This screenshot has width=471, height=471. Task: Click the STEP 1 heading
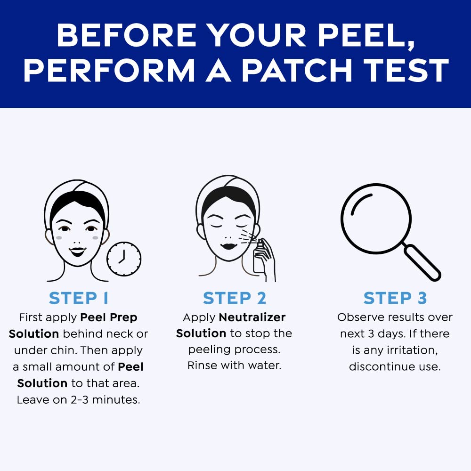[x=79, y=298]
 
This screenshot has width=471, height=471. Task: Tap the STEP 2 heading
[x=235, y=298]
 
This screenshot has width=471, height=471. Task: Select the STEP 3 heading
[x=395, y=298]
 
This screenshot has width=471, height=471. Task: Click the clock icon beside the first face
[x=124, y=259]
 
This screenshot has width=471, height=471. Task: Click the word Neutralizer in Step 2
[x=252, y=317]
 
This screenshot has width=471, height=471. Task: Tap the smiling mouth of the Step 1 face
[x=77, y=251]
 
